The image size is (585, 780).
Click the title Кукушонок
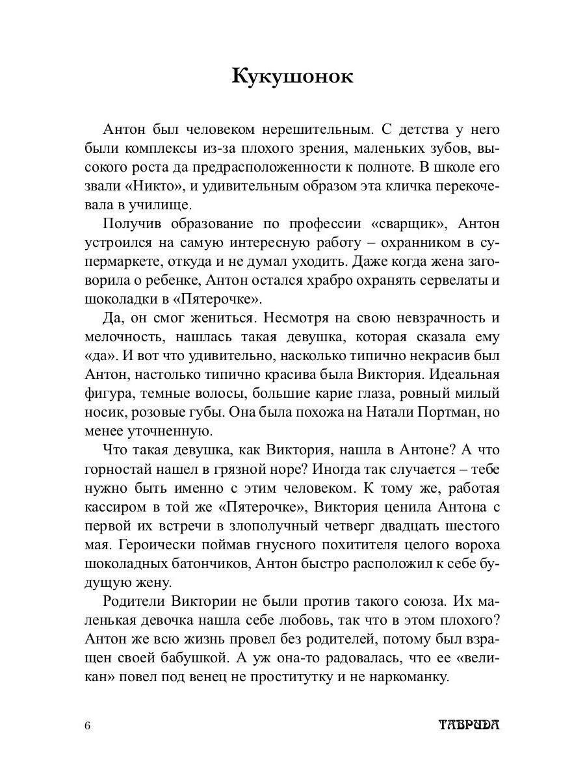coord(292,76)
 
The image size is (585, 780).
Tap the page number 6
coord(88,725)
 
